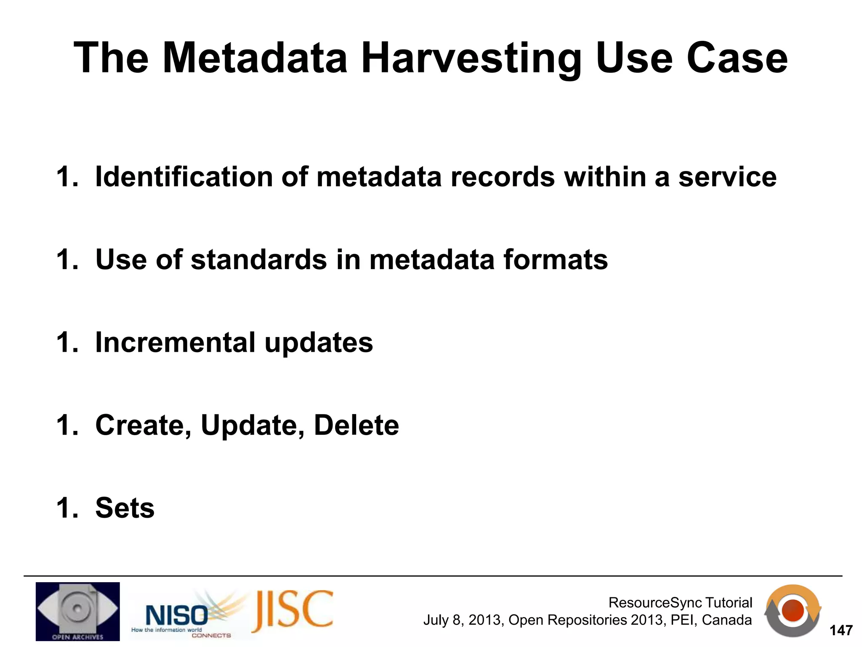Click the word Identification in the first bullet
click(x=184, y=176)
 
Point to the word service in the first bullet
click(x=727, y=176)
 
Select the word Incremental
click(x=175, y=342)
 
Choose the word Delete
click(x=356, y=425)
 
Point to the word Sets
click(x=125, y=508)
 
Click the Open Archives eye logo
click(x=77, y=611)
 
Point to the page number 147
click(x=841, y=630)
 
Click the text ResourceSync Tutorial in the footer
click(x=680, y=602)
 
